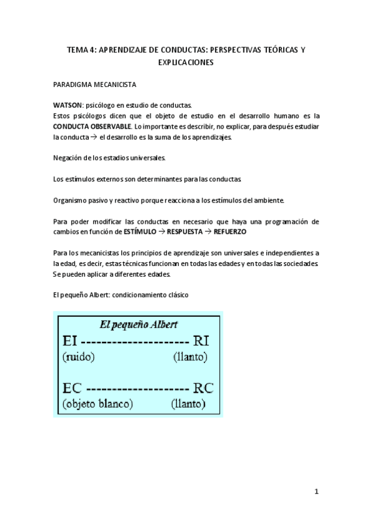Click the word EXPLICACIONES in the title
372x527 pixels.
click(x=186, y=63)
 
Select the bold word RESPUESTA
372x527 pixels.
click(x=187, y=231)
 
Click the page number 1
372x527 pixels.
click(x=316, y=491)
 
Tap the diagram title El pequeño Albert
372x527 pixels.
click(x=139, y=324)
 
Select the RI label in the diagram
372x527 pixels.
click(x=202, y=341)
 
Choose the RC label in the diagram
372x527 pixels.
click(x=202, y=388)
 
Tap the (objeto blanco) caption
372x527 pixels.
click(x=98, y=404)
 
